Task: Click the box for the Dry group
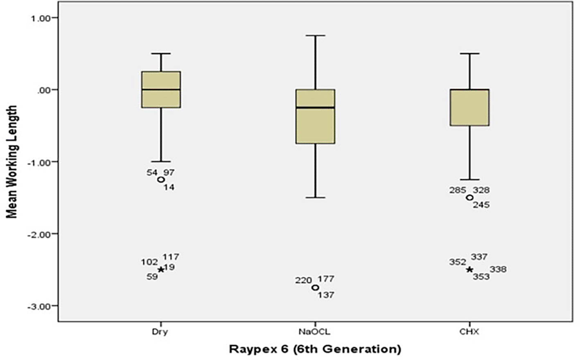pos(161,90)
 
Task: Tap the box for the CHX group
pos(469,107)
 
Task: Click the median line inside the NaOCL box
pos(315,108)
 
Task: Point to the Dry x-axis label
pos(160,332)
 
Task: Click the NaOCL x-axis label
pos(315,332)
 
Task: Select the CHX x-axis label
pos(469,332)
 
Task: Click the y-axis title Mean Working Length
pos(12,162)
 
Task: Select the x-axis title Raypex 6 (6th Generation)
pos(315,349)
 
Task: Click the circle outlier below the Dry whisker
pos(161,180)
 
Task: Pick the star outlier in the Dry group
pos(161,269)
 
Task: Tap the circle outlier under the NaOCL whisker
pos(315,288)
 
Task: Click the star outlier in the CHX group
pos(469,270)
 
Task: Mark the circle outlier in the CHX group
pos(469,198)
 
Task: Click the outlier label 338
pos(498,269)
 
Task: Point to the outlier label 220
pos(303,281)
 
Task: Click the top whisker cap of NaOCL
pos(315,36)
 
